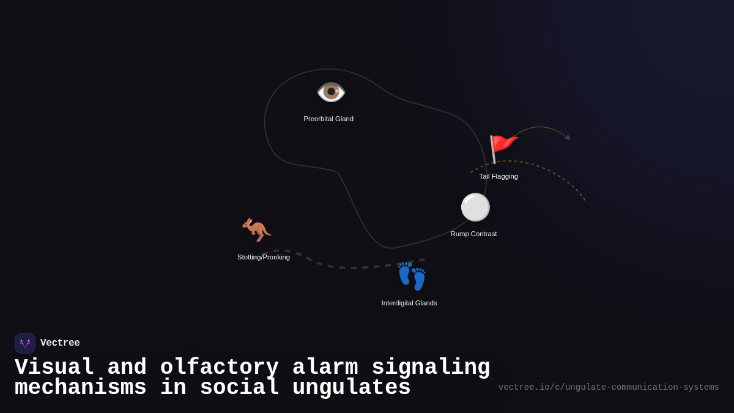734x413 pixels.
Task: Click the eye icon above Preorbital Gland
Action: point(331,92)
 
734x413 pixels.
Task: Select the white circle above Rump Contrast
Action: point(475,207)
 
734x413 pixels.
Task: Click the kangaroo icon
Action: point(256,230)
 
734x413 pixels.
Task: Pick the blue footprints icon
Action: point(412,277)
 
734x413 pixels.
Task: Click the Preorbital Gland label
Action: point(328,119)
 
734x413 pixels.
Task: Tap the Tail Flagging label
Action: point(499,176)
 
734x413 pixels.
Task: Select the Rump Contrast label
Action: point(473,234)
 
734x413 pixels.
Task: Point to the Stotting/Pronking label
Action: point(264,258)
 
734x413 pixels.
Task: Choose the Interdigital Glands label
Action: point(409,303)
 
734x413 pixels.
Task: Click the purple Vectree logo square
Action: point(25,343)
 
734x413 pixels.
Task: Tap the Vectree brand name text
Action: point(60,343)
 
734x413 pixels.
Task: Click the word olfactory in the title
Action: point(219,367)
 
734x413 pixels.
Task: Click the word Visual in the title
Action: point(54,366)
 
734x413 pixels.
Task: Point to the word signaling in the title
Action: point(431,367)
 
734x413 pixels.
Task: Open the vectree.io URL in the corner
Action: point(609,387)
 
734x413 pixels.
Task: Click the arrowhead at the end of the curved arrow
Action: point(568,137)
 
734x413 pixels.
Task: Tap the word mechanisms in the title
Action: point(81,387)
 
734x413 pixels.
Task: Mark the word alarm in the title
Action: point(325,366)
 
